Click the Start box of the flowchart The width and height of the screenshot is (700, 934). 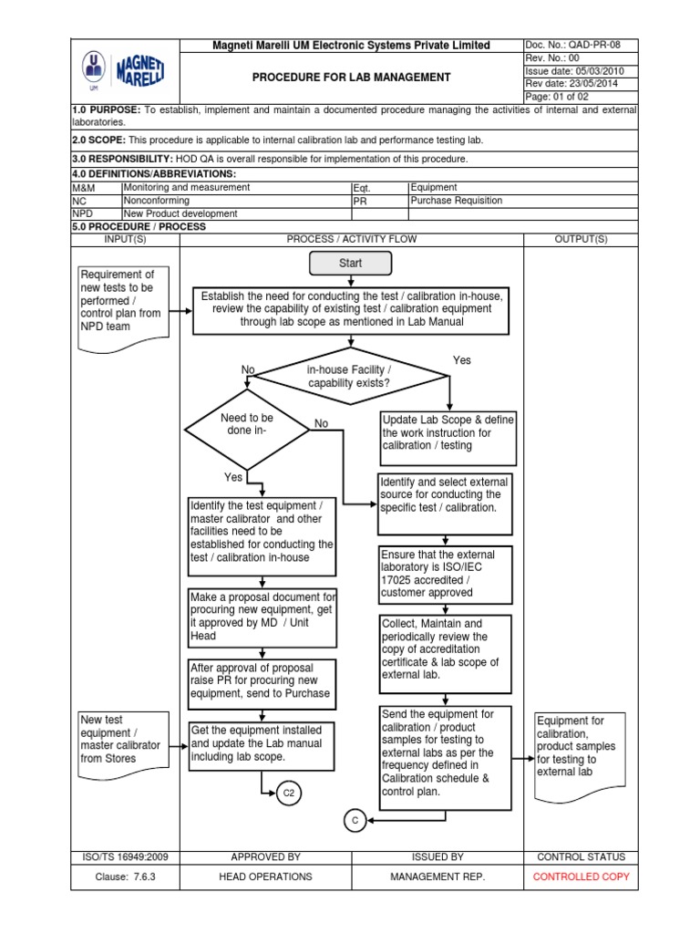pyautogui.click(x=351, y=263)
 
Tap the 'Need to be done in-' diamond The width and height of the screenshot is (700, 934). pyautogui.click(x=247, y=425)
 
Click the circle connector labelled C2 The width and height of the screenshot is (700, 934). pyautogui.click(x=289, y=794)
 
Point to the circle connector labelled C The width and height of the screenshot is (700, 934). pyautogui.click(x=356, y=821)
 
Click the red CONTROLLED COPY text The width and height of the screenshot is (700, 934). pyautogui.click(x=581, y=877)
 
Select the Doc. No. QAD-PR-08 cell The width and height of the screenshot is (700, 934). pyautogui.click(x=581, y=46)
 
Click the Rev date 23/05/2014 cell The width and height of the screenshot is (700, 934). pyautogui.click(x=581, y=84)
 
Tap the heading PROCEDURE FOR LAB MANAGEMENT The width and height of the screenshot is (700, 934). pyautogui.click(x=351, y=78)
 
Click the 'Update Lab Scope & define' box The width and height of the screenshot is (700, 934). pyautogui.click(x=447, y=432)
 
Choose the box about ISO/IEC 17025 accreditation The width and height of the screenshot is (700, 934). pyautogui.click(x=446, y=574)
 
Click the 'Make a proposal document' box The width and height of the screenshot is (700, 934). pyautogui.click(x=262, y=617)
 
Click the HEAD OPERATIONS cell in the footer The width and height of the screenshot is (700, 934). pyautogui.click(x=265, y=877)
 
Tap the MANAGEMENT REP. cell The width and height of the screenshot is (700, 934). pyautogui.click(x=437, y=877)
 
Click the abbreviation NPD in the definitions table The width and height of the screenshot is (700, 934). pyautogui.click(x=84, y=213)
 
